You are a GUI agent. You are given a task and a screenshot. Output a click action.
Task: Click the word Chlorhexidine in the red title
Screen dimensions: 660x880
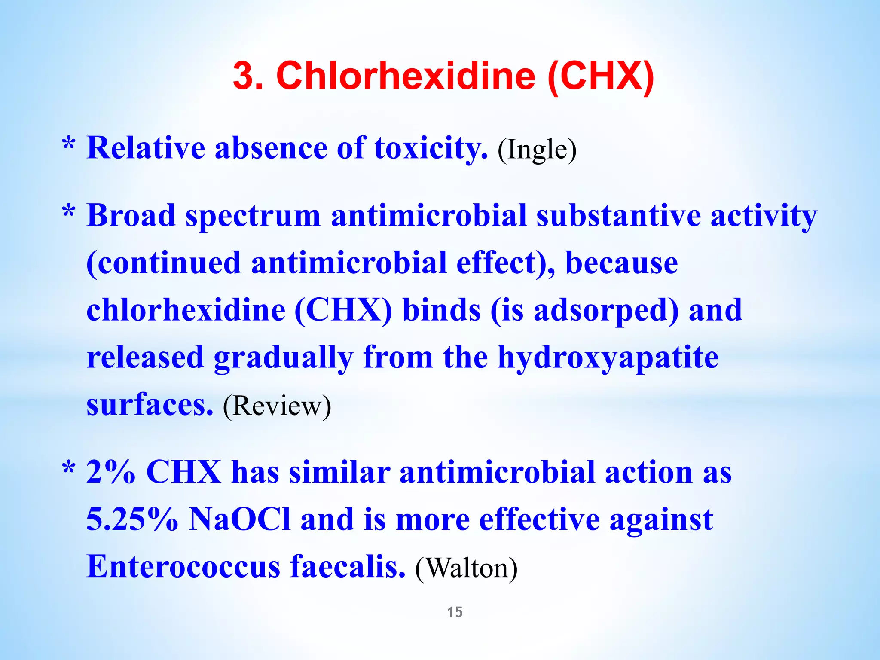(406, 76)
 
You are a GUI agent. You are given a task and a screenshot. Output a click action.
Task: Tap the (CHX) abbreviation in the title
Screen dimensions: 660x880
(601, 76)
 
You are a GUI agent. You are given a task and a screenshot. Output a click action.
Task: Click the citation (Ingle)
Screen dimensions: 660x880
(537, 150)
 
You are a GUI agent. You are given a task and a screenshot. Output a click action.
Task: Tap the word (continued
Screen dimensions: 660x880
(163, 263)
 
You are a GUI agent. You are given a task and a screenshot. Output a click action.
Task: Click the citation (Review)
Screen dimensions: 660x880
(277, 406)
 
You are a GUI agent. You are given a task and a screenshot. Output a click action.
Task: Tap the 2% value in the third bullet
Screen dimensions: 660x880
(111, 472)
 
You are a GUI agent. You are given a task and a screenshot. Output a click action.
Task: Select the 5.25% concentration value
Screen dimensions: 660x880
(132, 519)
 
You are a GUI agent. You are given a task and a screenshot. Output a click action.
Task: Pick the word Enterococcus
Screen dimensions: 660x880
(183, 566)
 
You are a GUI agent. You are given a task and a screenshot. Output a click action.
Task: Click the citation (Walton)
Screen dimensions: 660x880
(466, 568)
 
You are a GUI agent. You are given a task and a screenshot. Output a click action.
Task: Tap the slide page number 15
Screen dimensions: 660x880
(455, 612)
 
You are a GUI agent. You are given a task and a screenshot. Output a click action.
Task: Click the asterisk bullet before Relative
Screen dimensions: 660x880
(69, 144)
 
